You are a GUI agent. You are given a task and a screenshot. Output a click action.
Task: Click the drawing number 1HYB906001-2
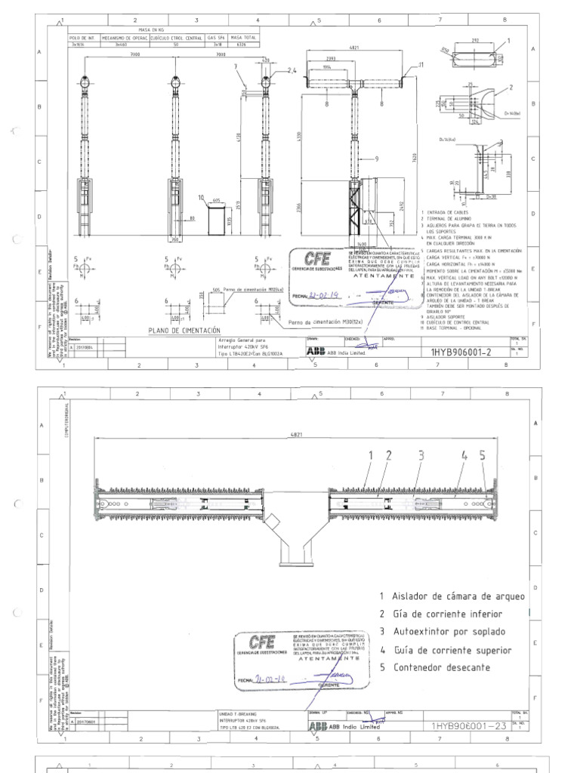pos(460,351)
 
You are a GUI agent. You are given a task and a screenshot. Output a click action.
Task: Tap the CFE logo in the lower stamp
pos(262,642)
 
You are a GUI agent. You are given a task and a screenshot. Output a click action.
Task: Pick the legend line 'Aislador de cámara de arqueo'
pos(452,596)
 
